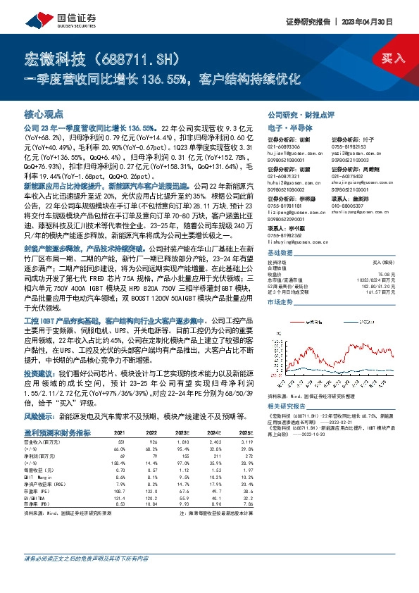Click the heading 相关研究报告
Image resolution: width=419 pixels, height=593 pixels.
click(288, 407)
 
